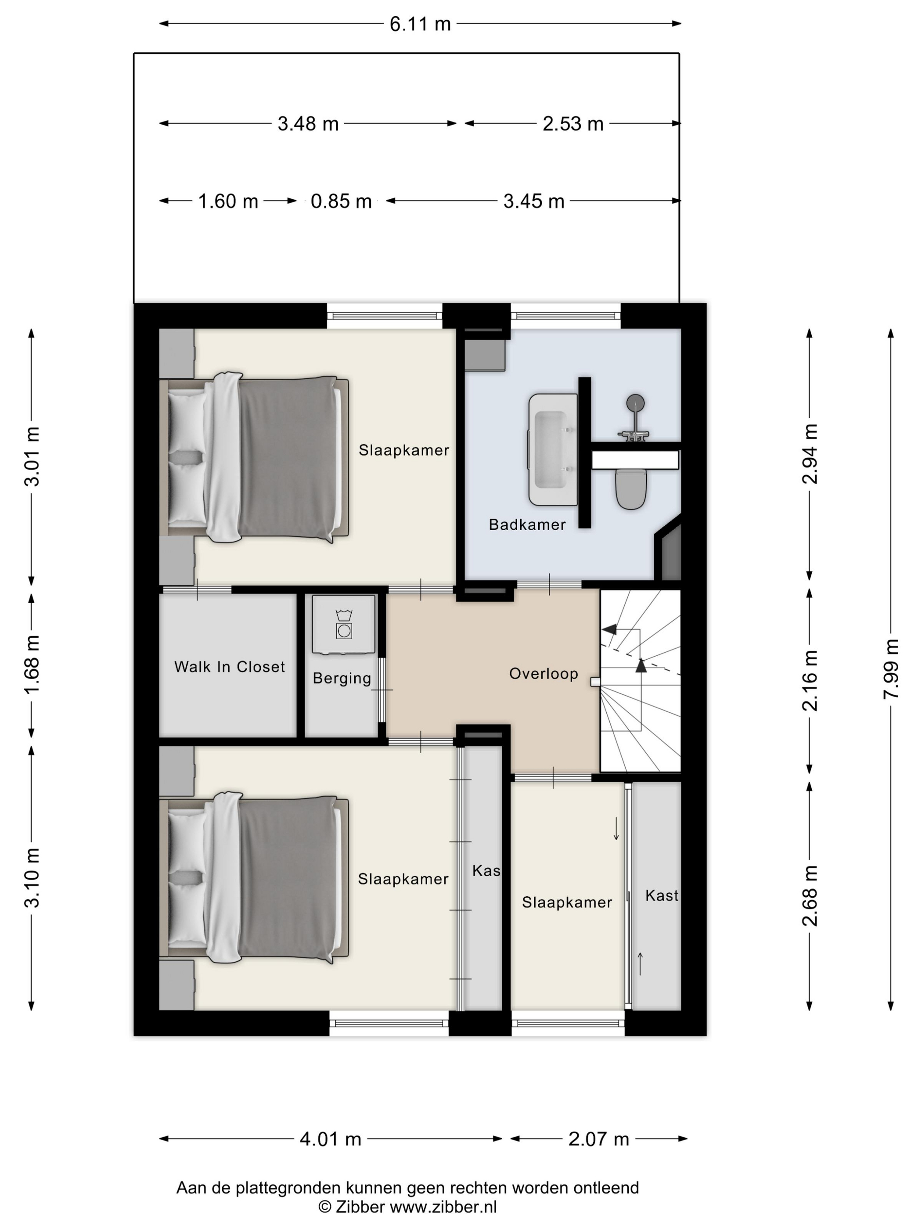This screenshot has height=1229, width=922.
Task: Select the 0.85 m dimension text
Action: coord(341,201)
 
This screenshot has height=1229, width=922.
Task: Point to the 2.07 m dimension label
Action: coord(598,1139)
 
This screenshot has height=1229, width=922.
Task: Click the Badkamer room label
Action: coord(527,525)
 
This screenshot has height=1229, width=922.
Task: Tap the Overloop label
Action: coord(544,673)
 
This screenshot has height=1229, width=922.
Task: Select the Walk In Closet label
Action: coord(230,667)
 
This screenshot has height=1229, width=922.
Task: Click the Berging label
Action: coord(342,679)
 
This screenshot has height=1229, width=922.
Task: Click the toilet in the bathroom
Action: coord(631,489)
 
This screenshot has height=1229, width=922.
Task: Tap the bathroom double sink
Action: coord(552,449)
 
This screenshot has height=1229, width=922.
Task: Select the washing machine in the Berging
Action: coord(343,625)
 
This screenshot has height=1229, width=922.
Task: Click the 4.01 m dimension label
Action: coord(330,1139)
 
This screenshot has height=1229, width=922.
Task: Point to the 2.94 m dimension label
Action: coord(810,454)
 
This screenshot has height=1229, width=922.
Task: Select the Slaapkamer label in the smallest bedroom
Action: coord(567,902)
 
